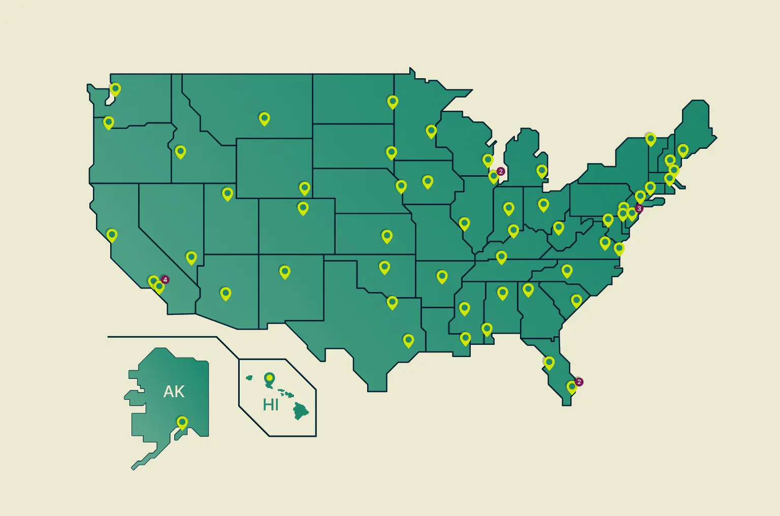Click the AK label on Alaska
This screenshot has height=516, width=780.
(174, 392)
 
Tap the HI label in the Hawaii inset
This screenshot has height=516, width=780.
(270, 405)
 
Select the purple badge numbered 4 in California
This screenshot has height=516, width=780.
(165, 279)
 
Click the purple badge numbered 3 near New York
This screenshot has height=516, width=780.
(639, 208)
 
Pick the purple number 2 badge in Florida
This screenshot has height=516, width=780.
(579, 382)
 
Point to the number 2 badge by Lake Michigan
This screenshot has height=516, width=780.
(500, 172)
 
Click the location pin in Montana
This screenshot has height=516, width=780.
(264, 118)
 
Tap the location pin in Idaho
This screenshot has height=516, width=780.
(180, 151)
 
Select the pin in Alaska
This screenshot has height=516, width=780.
(182, 422)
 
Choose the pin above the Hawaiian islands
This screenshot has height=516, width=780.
(269, 378)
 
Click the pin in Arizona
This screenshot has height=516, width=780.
(225, 293)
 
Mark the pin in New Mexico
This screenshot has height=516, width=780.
(285, 271)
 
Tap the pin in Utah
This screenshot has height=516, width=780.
(227, 193)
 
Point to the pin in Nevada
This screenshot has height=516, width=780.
(191, 257)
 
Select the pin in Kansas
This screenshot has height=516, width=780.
(387, 236)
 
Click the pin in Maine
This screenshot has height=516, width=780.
(683, 150)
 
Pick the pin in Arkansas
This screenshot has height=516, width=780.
(442, 276)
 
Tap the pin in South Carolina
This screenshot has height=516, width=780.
(576, 300)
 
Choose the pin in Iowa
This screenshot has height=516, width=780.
(428, 181)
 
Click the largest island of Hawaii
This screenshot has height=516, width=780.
(301, 411)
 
